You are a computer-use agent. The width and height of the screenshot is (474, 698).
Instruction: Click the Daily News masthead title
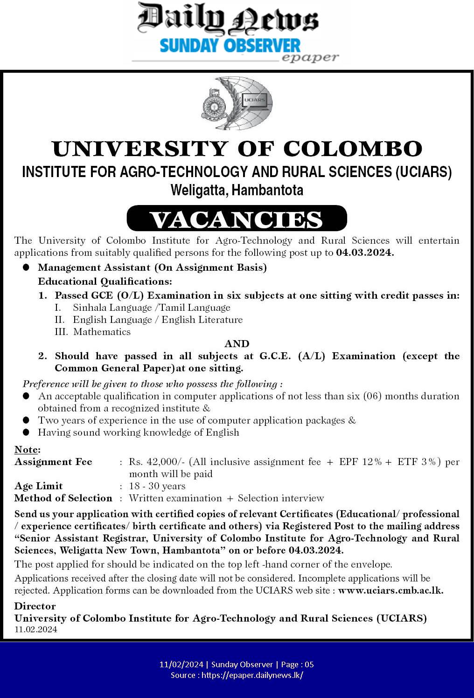pyautogui.click(x=228, y=20)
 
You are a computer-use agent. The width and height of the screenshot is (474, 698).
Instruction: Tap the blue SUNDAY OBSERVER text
pyautogui.click(x=230, y=46)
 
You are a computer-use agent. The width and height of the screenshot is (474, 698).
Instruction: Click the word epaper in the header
pyautogui.click(x=310, y=58)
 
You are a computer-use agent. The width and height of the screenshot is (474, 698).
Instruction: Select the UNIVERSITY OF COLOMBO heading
pyautogui.click(x=237, y=149)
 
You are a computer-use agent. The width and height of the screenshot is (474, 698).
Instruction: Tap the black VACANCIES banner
pyautogui.click(x=237, y=219)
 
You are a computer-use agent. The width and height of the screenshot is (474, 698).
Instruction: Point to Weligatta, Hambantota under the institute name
pyautogui.click(x=237, y=190)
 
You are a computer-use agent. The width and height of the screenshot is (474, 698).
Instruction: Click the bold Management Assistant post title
pyautogui.click(x=152, y=267)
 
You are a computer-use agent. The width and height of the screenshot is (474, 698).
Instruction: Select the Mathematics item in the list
pyautogui.click(x=102, y=332)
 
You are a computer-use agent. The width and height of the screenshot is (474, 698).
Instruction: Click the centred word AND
pyautogui.click(x=237, y=344)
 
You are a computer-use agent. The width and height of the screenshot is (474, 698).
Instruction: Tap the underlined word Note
pyautogui.click(x=27, y=450)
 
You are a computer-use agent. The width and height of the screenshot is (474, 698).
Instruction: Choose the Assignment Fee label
pyautogui.click(x=53, y=462)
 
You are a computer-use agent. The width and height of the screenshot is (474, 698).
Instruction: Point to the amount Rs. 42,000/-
pyautogui.click(x=157, y=462)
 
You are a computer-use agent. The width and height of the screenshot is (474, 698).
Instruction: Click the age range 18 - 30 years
pyautogui.click(x=157, y=486)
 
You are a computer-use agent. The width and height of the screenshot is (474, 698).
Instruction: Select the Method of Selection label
pyautogui.click(x=63, y=498)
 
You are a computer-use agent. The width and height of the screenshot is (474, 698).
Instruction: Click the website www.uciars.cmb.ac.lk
pyautogui.click(x=390, y=590)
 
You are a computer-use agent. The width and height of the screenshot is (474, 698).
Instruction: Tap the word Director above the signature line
pyautogui.click(x=35, y=606)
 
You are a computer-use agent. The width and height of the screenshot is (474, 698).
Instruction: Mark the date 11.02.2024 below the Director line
pyautogui.click(x=36, y=630)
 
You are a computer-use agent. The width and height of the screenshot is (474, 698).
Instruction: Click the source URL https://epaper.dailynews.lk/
pyautogui.click(x=252, y=675)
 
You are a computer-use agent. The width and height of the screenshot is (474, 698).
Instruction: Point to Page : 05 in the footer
pyautogui.click(x=297, y=664)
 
